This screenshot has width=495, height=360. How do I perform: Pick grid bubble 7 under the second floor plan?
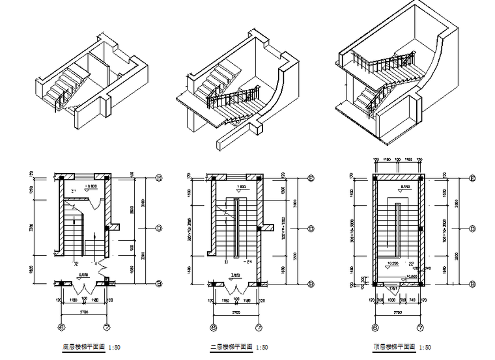click(x=259, y=327)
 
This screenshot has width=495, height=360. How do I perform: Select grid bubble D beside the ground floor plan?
click(x=158, y=228)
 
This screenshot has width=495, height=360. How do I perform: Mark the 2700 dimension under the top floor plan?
click(x=398, y=312)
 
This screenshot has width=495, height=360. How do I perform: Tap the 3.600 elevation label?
click(x=235, y=276)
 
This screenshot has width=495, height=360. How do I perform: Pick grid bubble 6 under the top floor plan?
click(x=375, y=327)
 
